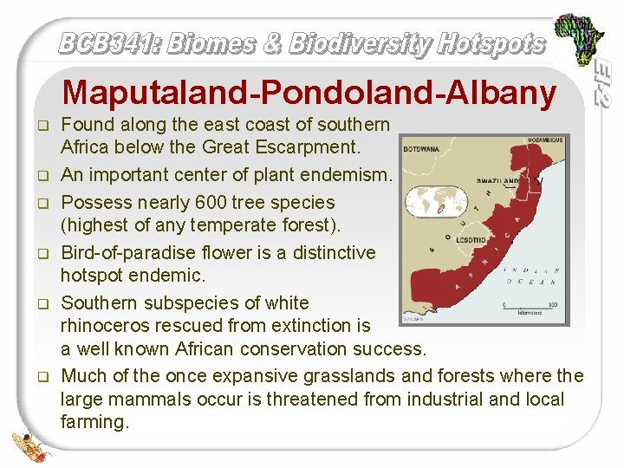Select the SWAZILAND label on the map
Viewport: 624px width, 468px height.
pos(498,180)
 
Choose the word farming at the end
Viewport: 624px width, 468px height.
pos(94,422)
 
